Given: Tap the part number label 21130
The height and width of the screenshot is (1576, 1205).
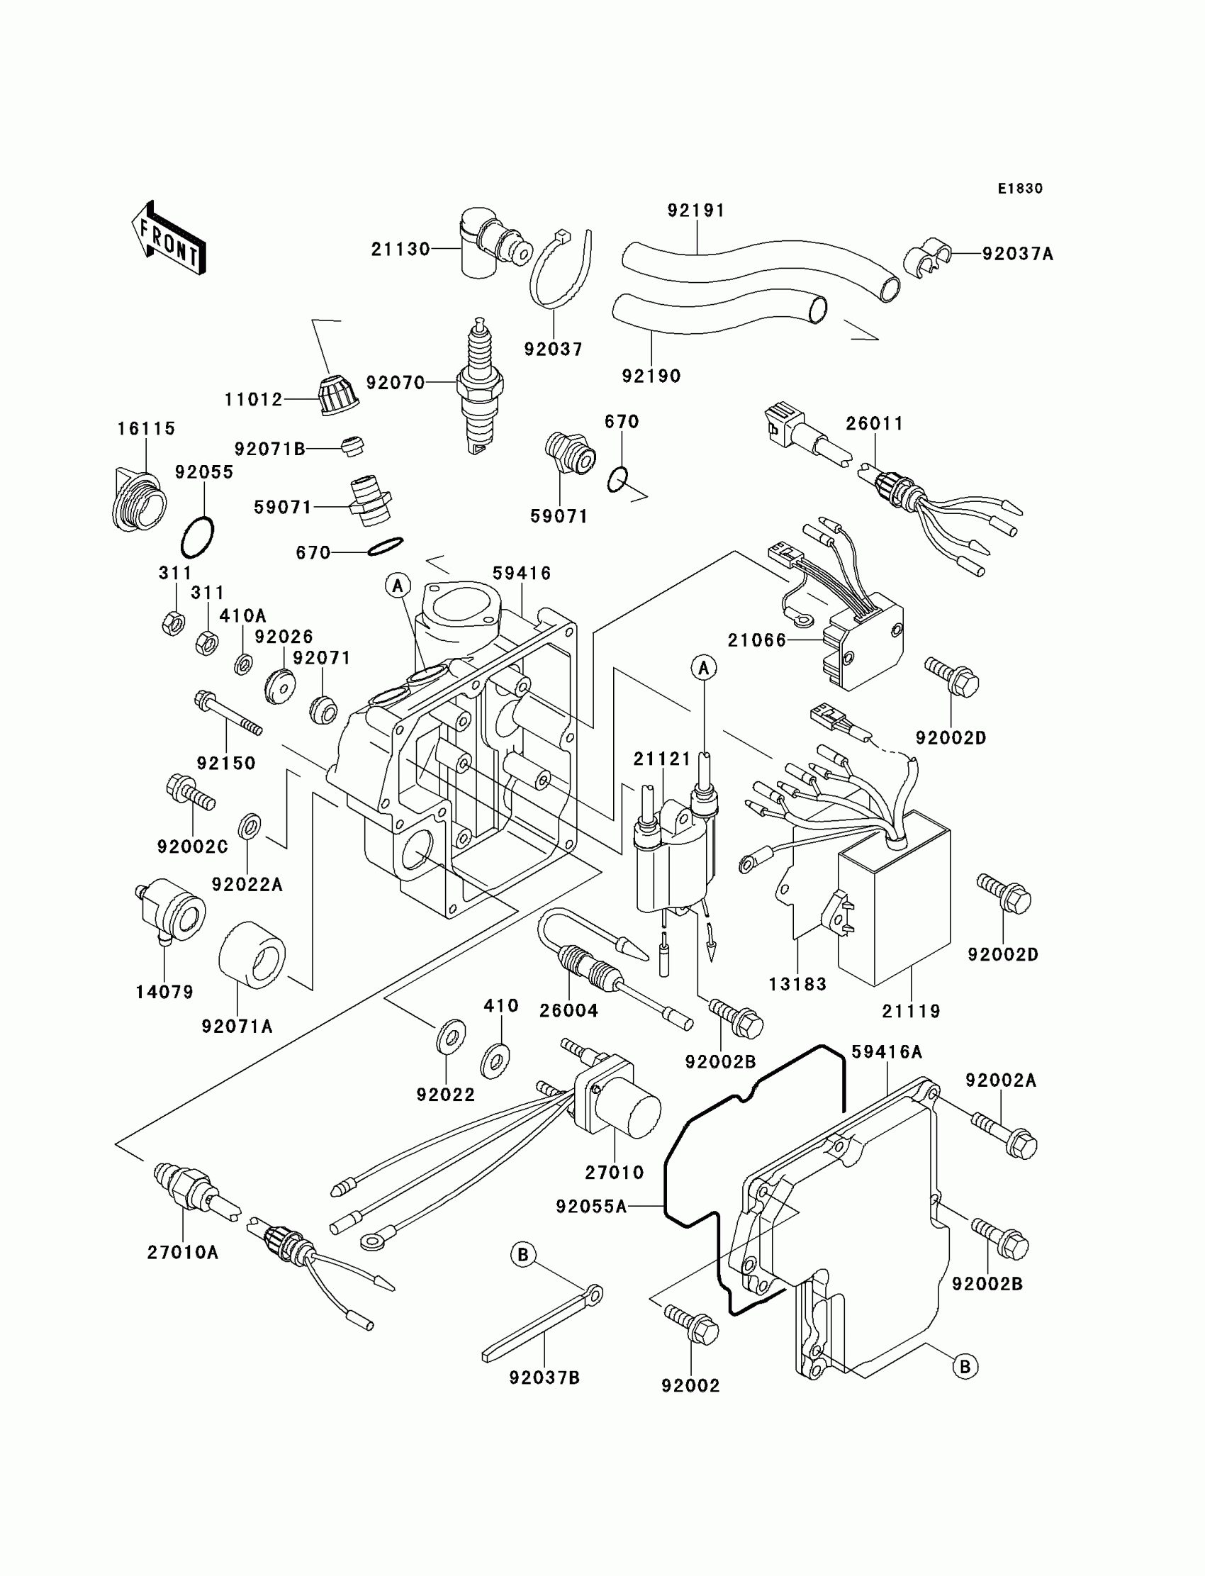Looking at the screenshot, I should tap(400, 250).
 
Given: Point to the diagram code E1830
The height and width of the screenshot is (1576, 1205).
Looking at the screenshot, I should tap(1020, 189).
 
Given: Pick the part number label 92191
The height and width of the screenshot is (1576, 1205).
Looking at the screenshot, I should tap(697, 211).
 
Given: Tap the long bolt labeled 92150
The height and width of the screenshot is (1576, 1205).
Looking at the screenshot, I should tap(228, 715).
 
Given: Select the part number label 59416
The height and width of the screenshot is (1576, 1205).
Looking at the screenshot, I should tap(522, 573).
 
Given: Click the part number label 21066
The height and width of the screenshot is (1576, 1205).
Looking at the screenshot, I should tap(757, 641).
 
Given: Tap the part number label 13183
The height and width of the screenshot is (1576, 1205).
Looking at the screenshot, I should tap(797, 984).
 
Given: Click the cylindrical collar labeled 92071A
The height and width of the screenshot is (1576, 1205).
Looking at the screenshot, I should tap(252, 955).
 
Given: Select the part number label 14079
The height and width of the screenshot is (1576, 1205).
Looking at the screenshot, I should tap(164, 992).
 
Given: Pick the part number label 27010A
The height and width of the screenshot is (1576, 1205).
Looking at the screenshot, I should tap(183, 1253).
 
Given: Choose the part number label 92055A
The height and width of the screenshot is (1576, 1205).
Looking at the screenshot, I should tap(591, 1207).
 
